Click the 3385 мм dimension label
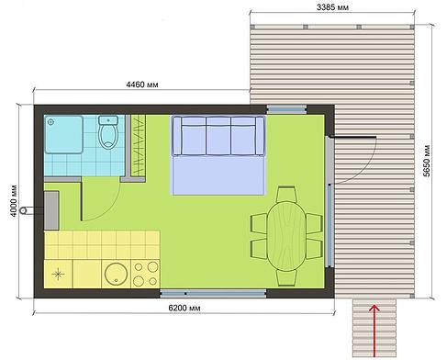332,7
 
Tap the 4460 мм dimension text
142,84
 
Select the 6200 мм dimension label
184,308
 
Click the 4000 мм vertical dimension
14,201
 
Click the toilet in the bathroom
108,132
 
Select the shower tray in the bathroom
63,134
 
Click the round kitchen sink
117,274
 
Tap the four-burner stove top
145,274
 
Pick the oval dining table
286,236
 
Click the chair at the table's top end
286,194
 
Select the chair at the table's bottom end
286,277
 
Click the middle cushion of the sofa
218,136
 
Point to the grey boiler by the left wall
51,210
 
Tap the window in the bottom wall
213,294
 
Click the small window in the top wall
286,109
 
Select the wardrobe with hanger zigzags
139,145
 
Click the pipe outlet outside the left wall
23,210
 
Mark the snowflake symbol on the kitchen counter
58,274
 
